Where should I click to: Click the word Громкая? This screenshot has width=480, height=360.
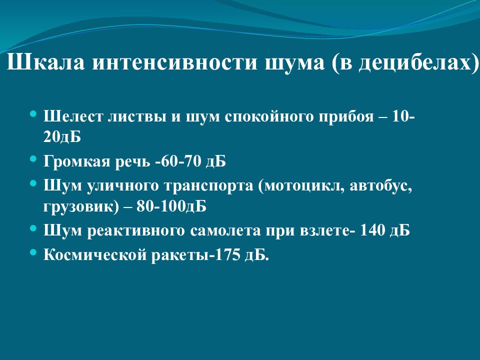click(77, 161)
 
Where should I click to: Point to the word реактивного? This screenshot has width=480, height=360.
click(130, 230)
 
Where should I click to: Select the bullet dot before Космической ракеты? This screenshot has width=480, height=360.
click(33, 252)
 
